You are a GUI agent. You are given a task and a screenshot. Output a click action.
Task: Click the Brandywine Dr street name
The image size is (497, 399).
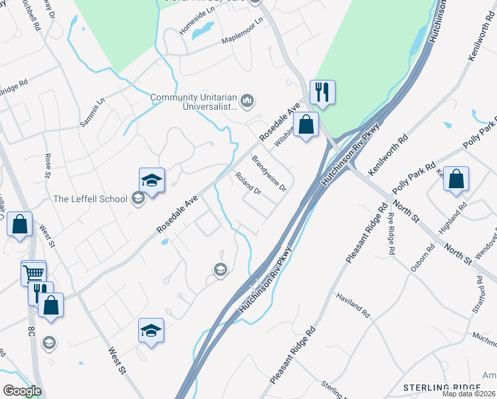(x=268, y=173)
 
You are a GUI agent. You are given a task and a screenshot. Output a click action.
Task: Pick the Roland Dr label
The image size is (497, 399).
(x=248, y=184)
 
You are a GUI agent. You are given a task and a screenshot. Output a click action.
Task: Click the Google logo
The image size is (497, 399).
(x=22, y=390)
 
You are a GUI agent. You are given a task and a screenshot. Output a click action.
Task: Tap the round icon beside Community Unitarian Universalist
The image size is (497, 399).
(x=248, y=101)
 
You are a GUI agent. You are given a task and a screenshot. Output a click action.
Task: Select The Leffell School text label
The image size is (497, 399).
(x=90, y=198)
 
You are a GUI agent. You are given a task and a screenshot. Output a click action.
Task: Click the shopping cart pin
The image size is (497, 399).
(x=33, y=272)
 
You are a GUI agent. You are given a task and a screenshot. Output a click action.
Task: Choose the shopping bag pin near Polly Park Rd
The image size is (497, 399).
(x=456, y=180)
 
